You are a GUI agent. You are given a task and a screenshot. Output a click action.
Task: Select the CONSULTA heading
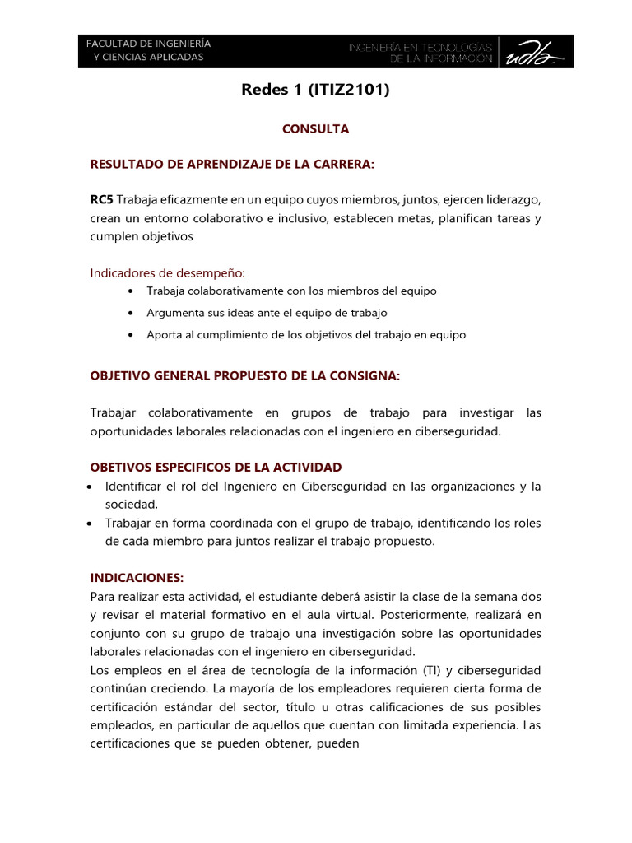click(x=315, y=129)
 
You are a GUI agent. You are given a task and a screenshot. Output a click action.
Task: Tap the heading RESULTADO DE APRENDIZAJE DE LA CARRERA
click(x=231, y=165)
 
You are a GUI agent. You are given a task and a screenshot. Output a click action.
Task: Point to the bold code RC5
click(x=102, y=201)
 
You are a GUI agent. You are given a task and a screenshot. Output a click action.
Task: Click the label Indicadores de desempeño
click(x=167, y=273)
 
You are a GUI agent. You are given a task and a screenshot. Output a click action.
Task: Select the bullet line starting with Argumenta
click(x=267, y=313)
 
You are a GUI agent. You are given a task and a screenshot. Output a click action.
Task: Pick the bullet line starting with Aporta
click(x=305, y=335)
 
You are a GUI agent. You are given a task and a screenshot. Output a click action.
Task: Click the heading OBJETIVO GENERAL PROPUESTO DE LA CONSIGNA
click(x=244, y=376)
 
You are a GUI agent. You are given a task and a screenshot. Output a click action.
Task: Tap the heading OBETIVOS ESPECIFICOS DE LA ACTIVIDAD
click(x=216, y=468)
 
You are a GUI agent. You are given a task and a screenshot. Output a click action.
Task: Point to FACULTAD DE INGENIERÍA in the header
click(x=148, y=43)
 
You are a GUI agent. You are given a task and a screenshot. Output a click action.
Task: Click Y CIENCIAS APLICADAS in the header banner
click(x=148, y=58)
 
